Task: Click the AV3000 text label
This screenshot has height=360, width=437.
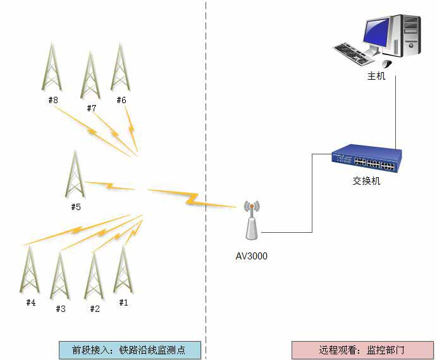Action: click(252, 256)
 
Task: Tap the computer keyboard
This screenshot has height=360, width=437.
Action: click(357, 53)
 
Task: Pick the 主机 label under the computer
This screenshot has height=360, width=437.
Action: click(376, 77)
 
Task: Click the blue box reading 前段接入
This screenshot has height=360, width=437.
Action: click(129, 350)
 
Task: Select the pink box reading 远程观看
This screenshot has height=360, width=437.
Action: click(362, 350)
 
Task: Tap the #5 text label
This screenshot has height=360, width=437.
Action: click(76, 207)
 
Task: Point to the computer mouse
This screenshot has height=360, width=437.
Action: click(386, 63)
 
